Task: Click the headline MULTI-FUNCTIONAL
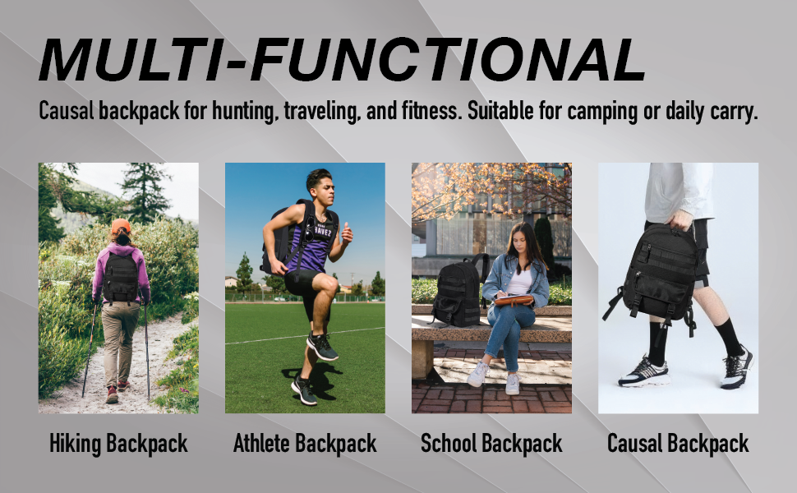click(342, 59)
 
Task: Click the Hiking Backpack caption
click(118, 444)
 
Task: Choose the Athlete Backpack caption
click(305, 444)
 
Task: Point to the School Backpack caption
click(491, 444)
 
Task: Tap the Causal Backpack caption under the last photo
click(678, 444)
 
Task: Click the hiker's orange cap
click(121, 226)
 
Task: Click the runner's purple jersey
click(312, 243)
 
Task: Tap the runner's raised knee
click(329, 284)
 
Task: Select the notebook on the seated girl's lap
click(514, 300)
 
